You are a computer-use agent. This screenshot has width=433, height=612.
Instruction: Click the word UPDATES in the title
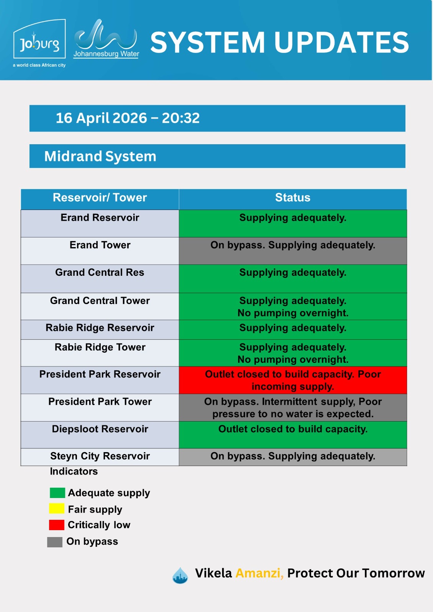[x=341, y=42]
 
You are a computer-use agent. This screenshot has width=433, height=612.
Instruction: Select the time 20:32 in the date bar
[x=181, y=118]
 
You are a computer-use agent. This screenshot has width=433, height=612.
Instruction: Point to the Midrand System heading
[x=100, y=156]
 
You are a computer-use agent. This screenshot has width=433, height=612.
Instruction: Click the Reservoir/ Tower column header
[x=100, y=197]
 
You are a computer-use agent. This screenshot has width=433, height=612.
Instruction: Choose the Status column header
[x=292, y=197]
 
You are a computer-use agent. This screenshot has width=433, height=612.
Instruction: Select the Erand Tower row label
[x=100, y=245]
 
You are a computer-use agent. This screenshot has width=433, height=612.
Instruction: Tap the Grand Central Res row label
[x=100, y=272]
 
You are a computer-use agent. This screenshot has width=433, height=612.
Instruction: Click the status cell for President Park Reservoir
[x=293, y=380]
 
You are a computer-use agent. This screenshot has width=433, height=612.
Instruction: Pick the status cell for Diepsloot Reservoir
[x=293, y=435]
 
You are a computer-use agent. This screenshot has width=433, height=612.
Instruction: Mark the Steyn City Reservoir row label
[x=100, y=456]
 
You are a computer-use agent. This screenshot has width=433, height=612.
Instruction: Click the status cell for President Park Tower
[x=293, y=407]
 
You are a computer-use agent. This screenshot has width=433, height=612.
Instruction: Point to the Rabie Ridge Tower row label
[x=100, y=347]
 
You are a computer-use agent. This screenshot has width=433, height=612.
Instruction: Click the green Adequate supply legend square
[x=57, y=493]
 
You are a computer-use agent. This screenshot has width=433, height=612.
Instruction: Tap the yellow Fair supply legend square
[x=57, y=508]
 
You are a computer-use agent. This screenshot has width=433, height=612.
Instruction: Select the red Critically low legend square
[x=57, y=525]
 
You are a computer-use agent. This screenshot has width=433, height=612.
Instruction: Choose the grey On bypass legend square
[x=55, y=542]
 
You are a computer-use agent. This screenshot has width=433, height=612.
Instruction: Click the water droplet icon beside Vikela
[x=180, y=575]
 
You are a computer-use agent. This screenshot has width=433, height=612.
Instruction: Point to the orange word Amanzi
[x=259, y=573]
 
